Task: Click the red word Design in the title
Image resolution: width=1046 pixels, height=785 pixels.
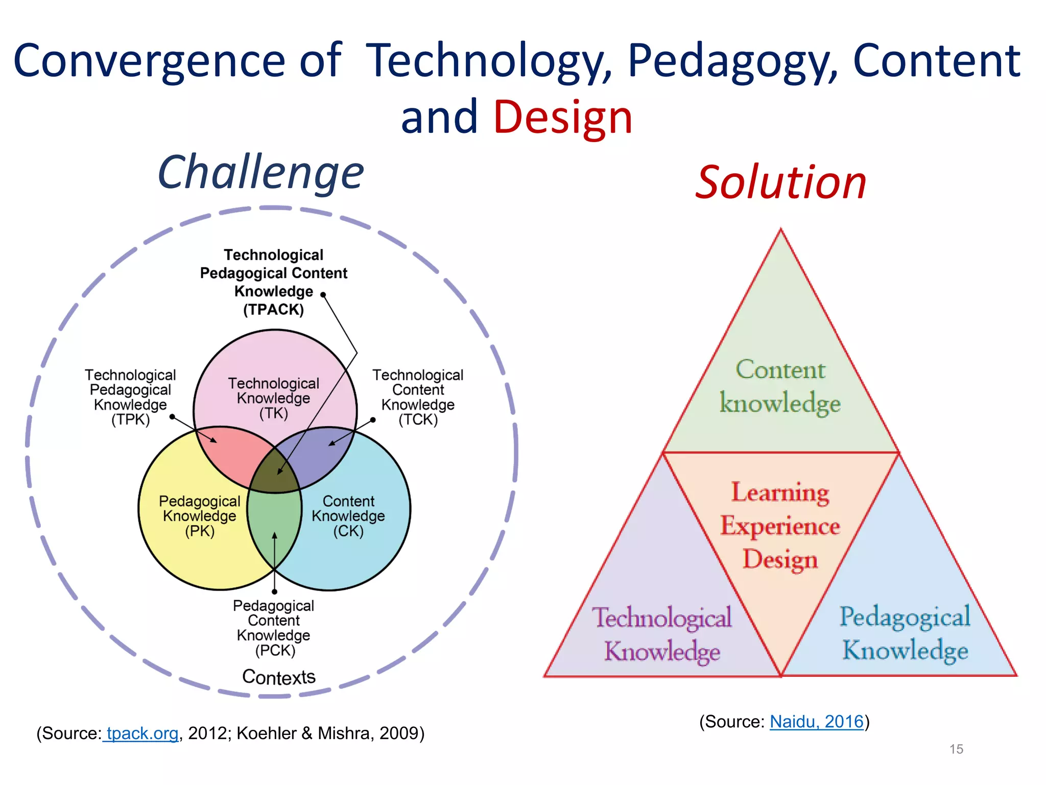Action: pyautogui.click(x=562, y=117)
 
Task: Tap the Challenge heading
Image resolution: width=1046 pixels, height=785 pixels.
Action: pyautogui.click(x=260, y=172)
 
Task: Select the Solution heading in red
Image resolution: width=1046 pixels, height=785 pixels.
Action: pyautogui.click(x=781, y=182)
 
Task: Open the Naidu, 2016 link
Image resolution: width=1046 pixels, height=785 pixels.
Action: pyautogui.click(x=816, y=722)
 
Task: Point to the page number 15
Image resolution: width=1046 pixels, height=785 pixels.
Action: pyautogui.click(x=956, y=749)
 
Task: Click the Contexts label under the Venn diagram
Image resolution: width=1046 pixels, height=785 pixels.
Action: pyautogui.click(x=279, y=677)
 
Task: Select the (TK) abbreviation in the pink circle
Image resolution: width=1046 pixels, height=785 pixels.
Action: pyautogui.click(x=274, y=413)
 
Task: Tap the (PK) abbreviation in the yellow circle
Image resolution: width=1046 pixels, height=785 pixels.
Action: pyautogui.click(x=200, y=531)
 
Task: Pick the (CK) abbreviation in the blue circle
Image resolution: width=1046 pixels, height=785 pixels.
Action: pyautogui.click(x=348, y=531)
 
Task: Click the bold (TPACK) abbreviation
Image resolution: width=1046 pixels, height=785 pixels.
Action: pyautogui.click(x=274, y=310)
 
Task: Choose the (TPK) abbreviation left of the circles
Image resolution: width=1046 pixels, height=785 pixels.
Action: pyautogui.click(x=131, y=420)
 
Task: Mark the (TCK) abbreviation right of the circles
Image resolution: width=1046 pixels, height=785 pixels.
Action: pyautogui.click(x=418, y=420)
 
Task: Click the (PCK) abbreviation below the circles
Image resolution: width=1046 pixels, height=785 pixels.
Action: pyautogui.click(x=275, y=650)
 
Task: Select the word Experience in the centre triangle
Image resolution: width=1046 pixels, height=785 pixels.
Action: pyautogui.click(x=780, y=526)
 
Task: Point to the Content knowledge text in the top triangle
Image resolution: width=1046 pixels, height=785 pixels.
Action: pyautogui.click(x=780, y=386)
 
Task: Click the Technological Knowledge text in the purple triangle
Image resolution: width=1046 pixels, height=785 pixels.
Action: pyautogui.click(x=662, y=634)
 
